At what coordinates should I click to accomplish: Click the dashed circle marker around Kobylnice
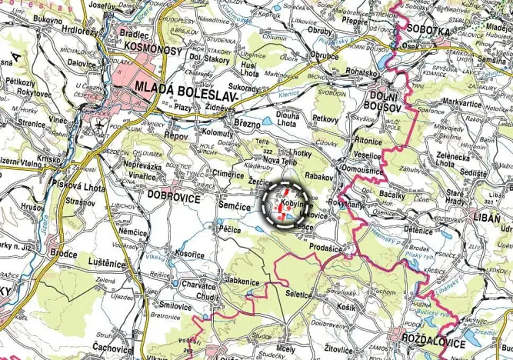[x=284, y=205]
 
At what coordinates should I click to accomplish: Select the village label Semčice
[x=233, y=208]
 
